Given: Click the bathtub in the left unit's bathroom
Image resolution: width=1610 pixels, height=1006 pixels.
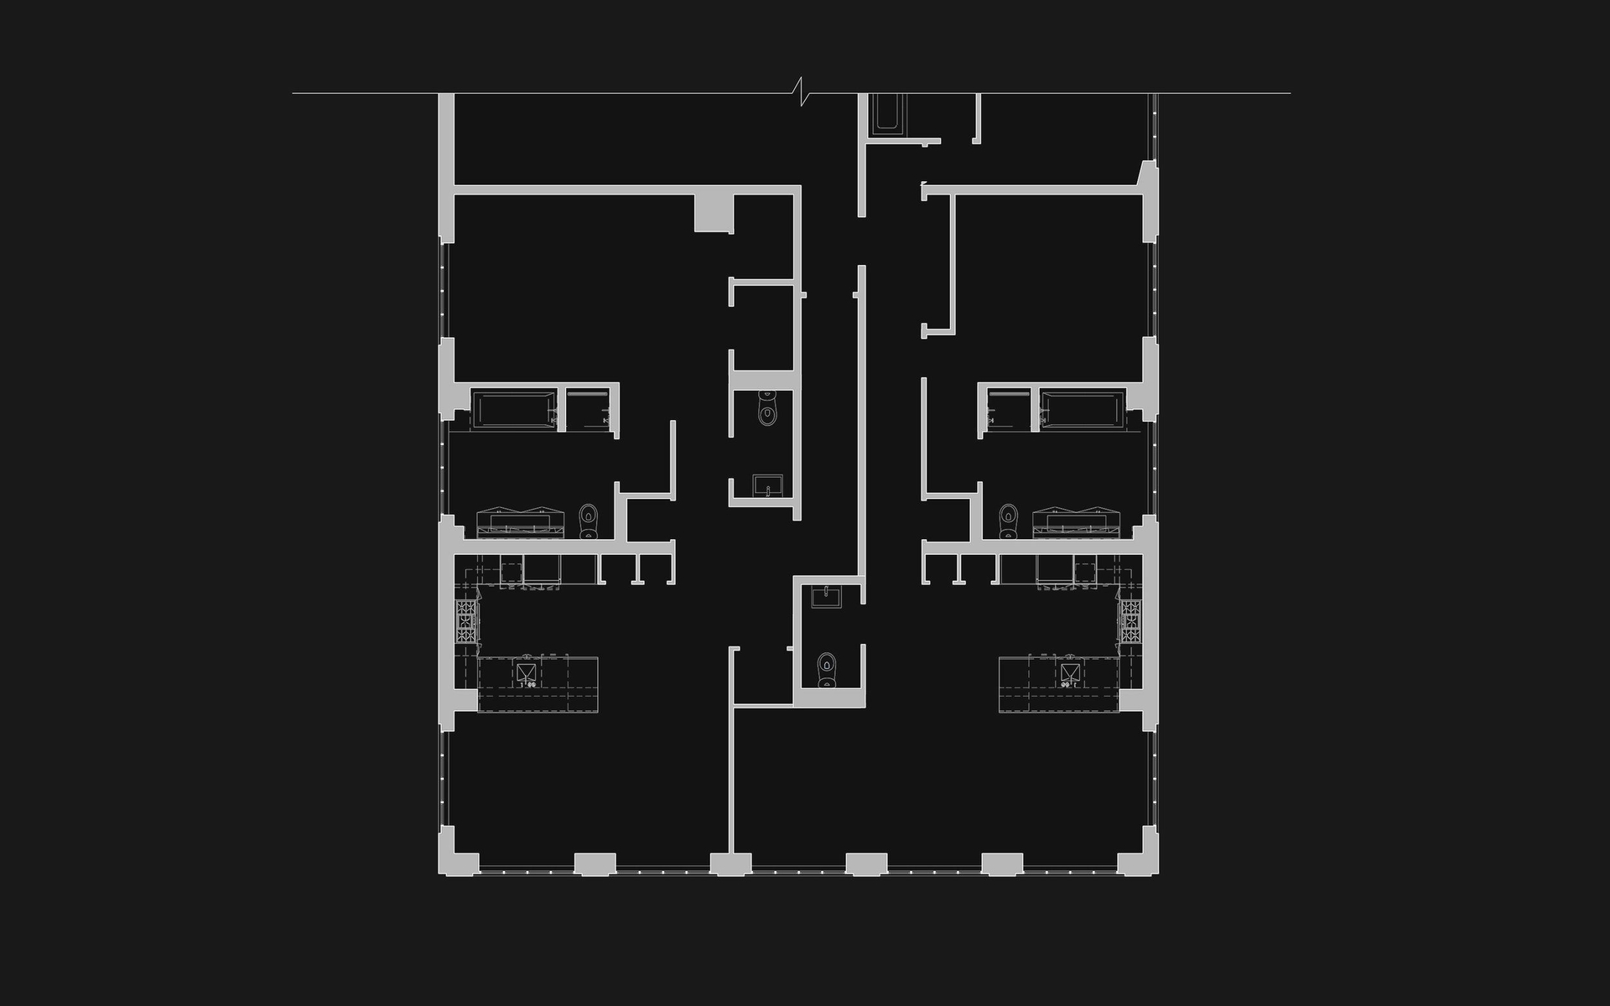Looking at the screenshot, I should click(x=512, y=410).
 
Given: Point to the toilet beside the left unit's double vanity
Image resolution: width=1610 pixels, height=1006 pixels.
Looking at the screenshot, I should click(x=589, y=521).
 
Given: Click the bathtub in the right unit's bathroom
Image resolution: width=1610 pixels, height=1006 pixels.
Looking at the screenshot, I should click(x=1082, y=410).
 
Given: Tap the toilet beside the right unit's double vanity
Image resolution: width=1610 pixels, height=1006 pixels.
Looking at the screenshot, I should click(x=1008, y=521).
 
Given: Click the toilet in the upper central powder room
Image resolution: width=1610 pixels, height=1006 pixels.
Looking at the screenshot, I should click(x=766, y=410).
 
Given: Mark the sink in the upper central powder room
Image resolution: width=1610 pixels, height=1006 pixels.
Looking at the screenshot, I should click(x=767, y=485).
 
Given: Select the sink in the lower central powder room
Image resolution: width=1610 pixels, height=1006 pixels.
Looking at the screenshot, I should click(x=826, y=597).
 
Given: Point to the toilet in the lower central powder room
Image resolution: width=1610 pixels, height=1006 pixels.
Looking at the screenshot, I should click(x=828, y=669).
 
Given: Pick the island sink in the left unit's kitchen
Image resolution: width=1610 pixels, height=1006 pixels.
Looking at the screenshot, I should click(x=526, y=673).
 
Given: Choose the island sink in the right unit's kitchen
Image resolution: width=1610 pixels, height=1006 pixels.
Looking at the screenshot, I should click(x=1068, y=673).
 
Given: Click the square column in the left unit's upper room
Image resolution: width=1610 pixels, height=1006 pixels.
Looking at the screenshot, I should click(x=714, y=213).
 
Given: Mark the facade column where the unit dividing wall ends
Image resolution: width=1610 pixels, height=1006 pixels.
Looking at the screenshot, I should click(x=730, y=864).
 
